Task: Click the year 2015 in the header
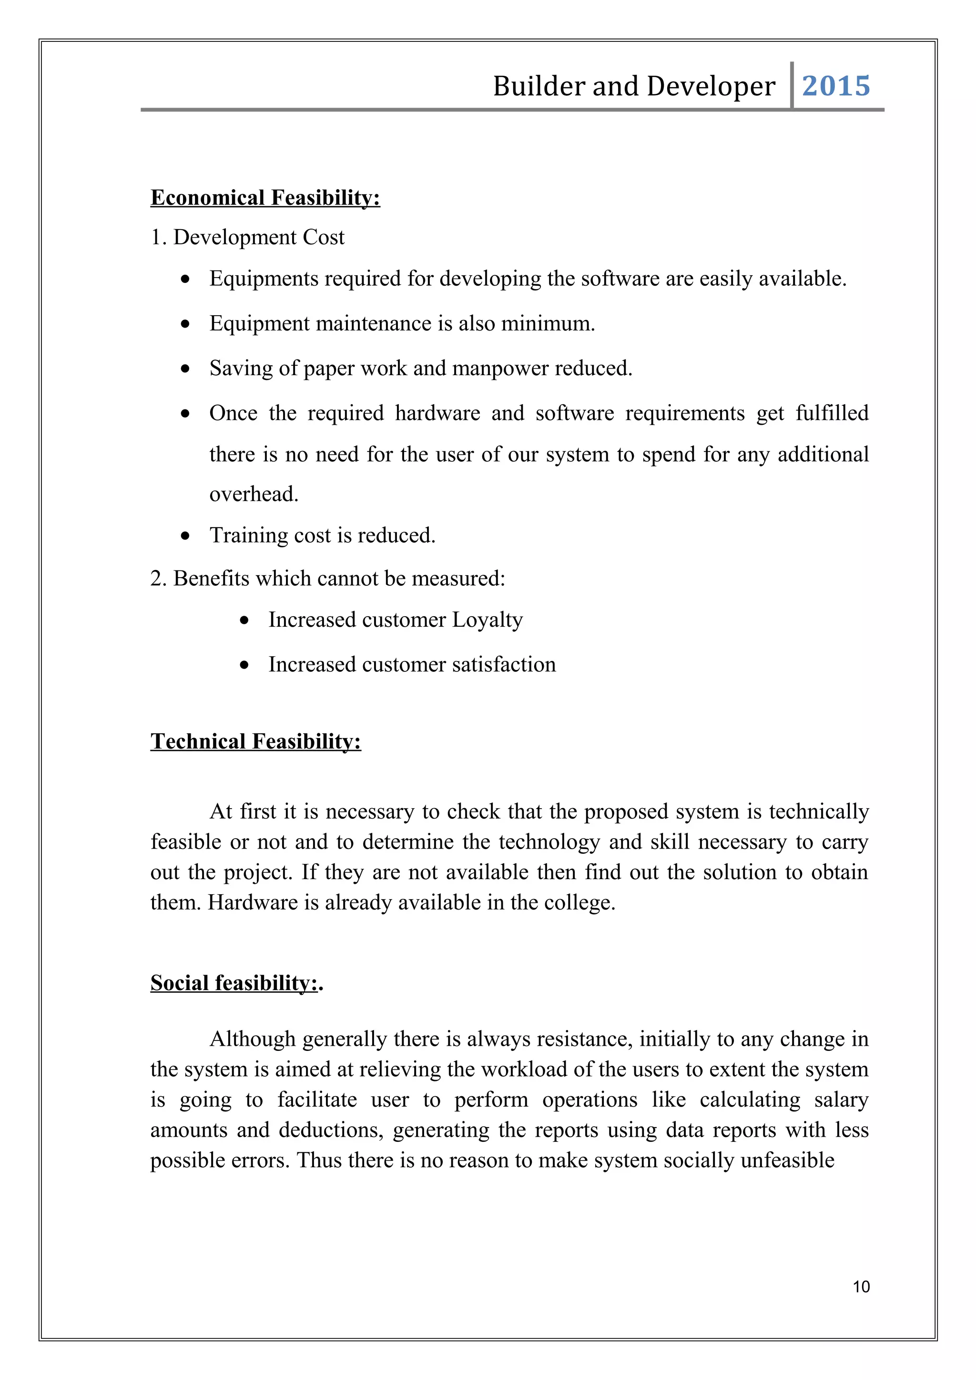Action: pos(835,86)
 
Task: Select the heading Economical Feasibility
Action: pos(265,198)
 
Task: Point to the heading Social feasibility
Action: pos(234,983)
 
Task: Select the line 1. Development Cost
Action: pos(247,238)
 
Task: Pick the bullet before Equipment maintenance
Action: pos(186,324)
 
